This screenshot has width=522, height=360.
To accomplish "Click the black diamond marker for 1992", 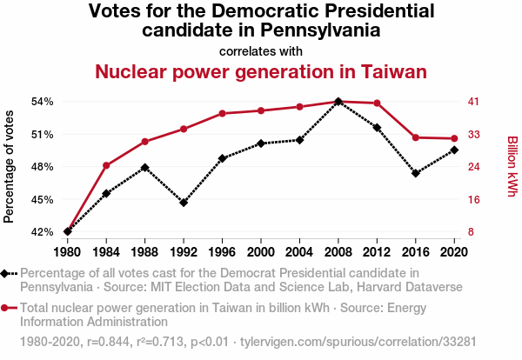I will [x=184, y=203].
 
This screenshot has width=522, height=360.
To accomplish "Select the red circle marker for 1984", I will [x=106, y=165].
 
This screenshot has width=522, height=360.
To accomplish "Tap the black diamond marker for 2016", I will [x=416, y=173].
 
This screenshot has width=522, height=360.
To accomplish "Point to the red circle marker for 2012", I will [x=377, y=103].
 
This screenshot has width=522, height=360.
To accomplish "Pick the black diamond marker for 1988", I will [x=145, y=167].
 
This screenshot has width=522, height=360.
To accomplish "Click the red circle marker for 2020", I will [x=454, y=138].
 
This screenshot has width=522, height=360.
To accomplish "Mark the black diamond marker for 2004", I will [x=299, y=139].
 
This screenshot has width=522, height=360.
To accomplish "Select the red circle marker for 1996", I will [x=223, y=113].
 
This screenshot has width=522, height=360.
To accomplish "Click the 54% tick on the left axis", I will [x=42, y=102].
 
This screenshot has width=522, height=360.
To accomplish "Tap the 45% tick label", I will [x=42, y=199].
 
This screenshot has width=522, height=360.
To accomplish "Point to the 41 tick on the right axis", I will [x=469, y=102].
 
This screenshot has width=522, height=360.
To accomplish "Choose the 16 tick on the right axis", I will [x=469, y=199].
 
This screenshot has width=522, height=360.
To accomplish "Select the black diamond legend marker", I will [x=8, y=273].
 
